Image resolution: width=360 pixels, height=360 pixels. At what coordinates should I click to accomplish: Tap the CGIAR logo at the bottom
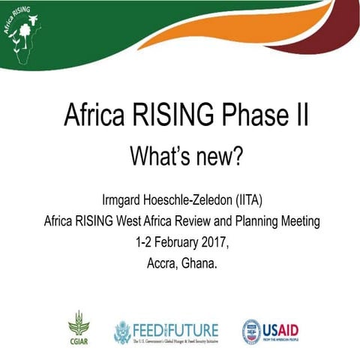point(78,328)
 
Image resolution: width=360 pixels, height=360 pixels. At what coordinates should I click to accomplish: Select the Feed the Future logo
point(166,331)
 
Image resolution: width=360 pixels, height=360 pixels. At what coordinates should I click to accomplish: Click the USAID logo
point(274,331)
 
